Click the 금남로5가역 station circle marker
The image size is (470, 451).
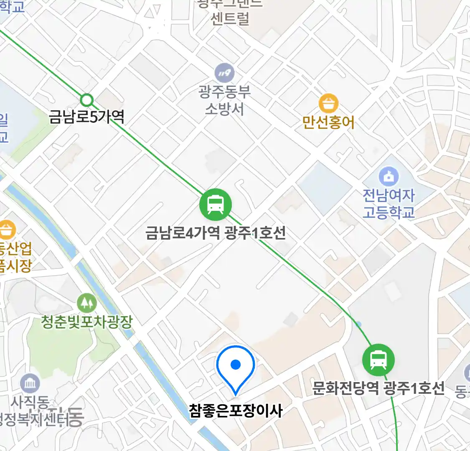[86, 100]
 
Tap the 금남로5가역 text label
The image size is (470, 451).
[86, 116]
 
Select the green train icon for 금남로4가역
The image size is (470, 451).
[215, 205]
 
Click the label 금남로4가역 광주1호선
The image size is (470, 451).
[216, 232]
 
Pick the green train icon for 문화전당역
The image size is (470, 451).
[378, 360]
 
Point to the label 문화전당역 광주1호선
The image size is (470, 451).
[379, 388]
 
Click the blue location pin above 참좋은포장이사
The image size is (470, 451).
[236, 367]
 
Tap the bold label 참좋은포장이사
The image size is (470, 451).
[236, 410]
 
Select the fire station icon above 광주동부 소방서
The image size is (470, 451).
[224, 73]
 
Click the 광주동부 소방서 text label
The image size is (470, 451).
[224, 100]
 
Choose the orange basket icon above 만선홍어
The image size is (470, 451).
[328, 103]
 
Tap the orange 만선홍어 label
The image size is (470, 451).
[328, 122]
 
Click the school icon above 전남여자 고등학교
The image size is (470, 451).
[389, 177]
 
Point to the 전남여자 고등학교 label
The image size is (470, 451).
[389, 203]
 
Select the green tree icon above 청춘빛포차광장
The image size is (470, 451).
[86, 303]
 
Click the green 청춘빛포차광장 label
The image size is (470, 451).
[86, 322]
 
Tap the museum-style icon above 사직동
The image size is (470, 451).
[30, 383]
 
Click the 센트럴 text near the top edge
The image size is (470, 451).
[230, 19]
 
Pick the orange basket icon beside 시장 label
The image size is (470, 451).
[7, 230]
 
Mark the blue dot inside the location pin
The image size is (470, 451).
[236, 365]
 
